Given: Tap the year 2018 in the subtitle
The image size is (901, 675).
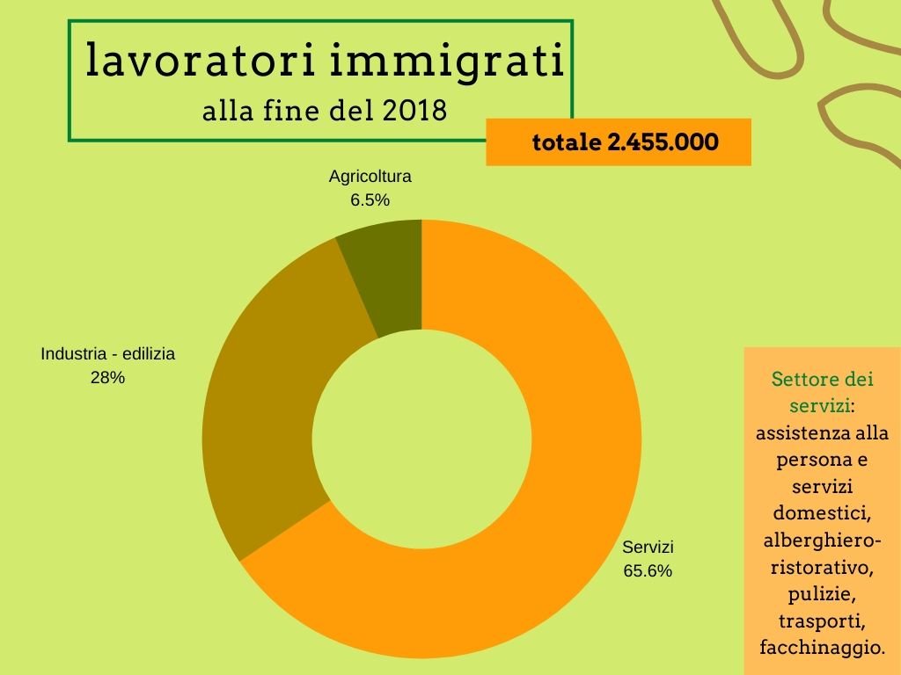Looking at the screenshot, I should coord(415,112).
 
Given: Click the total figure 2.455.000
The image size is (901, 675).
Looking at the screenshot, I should coord(663,142).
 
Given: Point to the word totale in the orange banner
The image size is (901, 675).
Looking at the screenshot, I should coord(567,142).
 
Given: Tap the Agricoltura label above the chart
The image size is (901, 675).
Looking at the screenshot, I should coord(370,176).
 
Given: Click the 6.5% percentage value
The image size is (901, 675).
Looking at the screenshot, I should coord(370,200).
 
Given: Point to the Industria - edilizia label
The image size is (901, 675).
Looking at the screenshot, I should coord(108,354).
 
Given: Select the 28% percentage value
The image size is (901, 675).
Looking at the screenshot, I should coord(108,378).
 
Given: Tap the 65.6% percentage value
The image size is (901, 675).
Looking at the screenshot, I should coord(648,570).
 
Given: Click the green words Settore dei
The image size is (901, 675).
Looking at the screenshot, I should coord(822,381).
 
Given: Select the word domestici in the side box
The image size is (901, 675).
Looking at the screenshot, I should coord(822,512).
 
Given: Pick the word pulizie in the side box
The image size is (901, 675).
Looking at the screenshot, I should coord(822,594).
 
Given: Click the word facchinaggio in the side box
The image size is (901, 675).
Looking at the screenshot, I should coord(822,648).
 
